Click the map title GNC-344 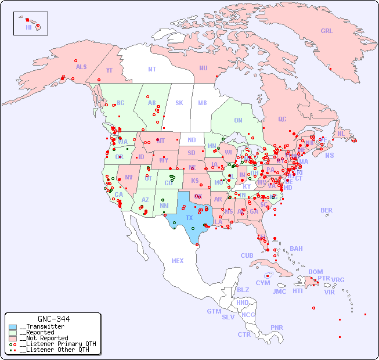point(53,319)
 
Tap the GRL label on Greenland point(327,31)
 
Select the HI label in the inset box point(28,27)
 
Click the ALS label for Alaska point(81,67)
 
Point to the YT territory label point(109,70)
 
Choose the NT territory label point(151,69)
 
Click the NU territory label point(203,68)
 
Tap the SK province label point(179,103)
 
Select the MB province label point(202,103)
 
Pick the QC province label point(282,119)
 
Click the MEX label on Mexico point(178,261)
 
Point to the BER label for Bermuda point(327,210)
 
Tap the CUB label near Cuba point(247,255)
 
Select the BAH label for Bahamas point(296,249)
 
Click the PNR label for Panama point(277,327)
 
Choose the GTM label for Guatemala point(214,311)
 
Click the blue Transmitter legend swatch point(13,327)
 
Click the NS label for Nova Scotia point(329,155)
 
